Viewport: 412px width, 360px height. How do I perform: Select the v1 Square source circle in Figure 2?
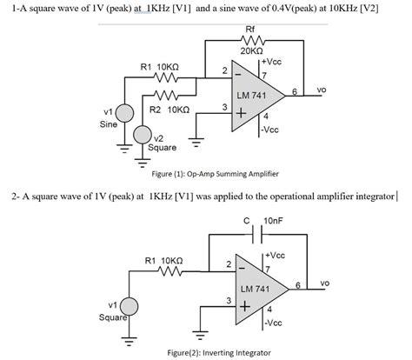pos(130,306)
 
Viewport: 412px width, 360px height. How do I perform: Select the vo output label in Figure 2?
pos(324,283)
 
